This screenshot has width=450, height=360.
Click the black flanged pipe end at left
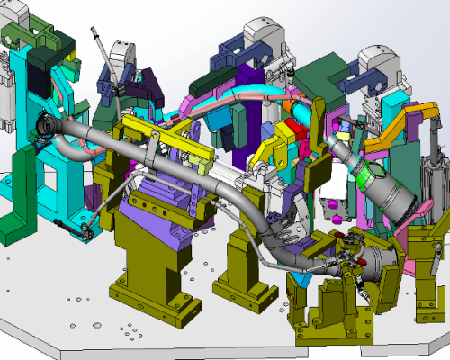[x=48, y=127]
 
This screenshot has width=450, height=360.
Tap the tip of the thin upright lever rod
[x=93, y=33]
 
